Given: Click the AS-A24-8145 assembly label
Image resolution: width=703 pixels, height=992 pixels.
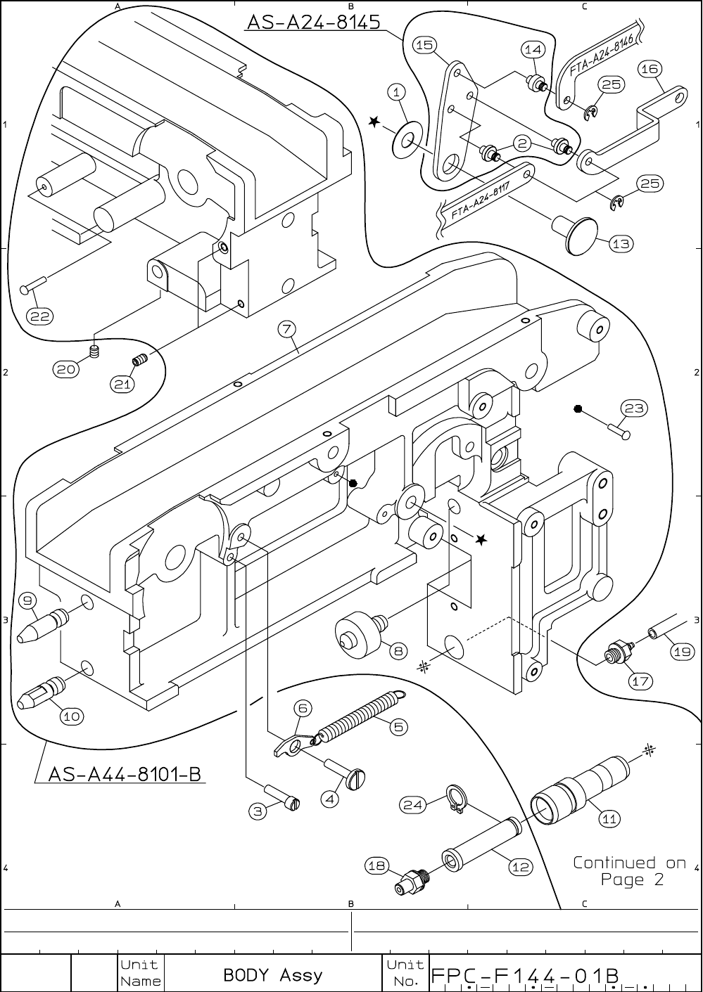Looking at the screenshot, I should click(312, 22).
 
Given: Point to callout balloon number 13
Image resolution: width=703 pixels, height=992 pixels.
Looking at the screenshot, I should click(621, 244).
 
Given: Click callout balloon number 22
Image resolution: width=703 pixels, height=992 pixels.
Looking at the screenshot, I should click(39, 316).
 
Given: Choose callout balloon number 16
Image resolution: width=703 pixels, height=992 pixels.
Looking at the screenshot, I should click(649, 68).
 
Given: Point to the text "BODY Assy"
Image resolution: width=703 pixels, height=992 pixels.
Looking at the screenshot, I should click(272, 974).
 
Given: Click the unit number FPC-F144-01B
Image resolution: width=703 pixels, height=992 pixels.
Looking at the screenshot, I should click(525, 976).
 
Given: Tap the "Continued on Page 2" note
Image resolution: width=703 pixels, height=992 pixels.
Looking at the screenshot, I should click(629, 871).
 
